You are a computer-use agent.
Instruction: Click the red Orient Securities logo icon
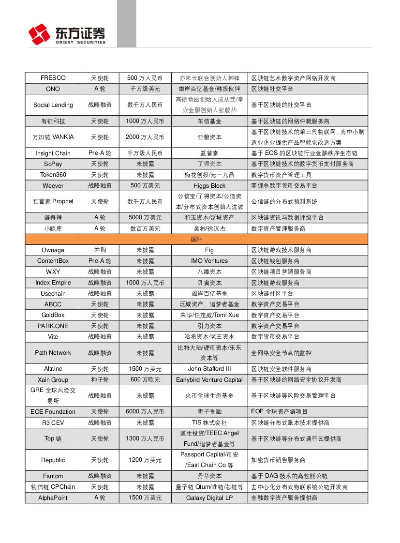point(39,34)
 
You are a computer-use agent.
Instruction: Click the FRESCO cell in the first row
point(53,78)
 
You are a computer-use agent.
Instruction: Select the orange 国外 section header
point(196,239)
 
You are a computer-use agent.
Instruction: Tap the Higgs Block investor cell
point(209,186)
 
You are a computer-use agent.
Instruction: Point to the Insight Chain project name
point(53,153)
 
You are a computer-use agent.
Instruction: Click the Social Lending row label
point(53,105)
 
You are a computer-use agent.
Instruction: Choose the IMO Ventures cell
point(209,261)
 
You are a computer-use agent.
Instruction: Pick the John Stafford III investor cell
point(209,369)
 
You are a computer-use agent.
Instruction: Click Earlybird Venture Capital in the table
point(209,380)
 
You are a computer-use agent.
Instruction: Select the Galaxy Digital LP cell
point(209,498)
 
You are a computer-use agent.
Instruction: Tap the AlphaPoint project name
point(53,498)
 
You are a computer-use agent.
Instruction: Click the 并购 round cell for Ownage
point(100,250)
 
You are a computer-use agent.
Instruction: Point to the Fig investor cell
point(209,250)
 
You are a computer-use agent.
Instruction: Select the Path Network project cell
point(53,353)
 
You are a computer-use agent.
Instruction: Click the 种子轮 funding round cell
point(100,380)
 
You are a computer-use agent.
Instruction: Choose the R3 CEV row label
point(53,423)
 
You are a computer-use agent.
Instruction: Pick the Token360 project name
point(53,175)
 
